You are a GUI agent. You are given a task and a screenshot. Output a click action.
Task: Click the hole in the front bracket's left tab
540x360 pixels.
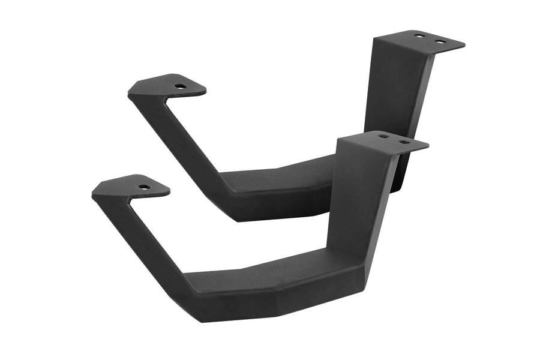[144, 187]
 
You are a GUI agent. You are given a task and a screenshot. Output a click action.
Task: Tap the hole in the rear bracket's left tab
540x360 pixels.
[180, 86]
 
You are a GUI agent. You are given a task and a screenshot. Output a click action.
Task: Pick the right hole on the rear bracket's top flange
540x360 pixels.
[440, 41]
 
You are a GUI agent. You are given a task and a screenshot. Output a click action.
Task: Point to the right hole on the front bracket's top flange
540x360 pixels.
[404, 142]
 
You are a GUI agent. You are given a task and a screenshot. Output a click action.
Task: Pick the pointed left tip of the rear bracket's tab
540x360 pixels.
[129, 93]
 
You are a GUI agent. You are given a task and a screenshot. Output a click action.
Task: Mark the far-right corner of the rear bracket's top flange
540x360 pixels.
[464, 47]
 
